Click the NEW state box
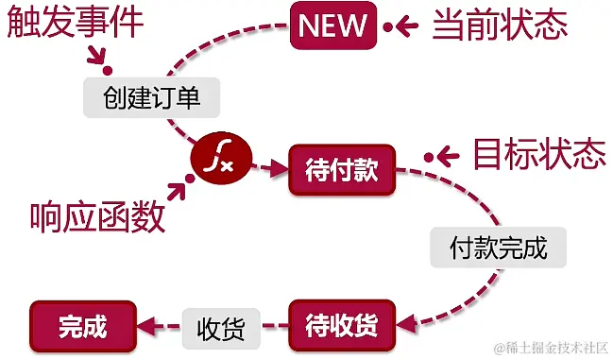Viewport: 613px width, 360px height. tap(332, 25)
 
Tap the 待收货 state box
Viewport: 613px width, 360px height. tap(342, 325)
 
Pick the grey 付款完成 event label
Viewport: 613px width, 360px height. tap(498, 249)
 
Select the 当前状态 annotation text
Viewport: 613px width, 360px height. tap(500, 25)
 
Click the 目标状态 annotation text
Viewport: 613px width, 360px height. tap(538, 154)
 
